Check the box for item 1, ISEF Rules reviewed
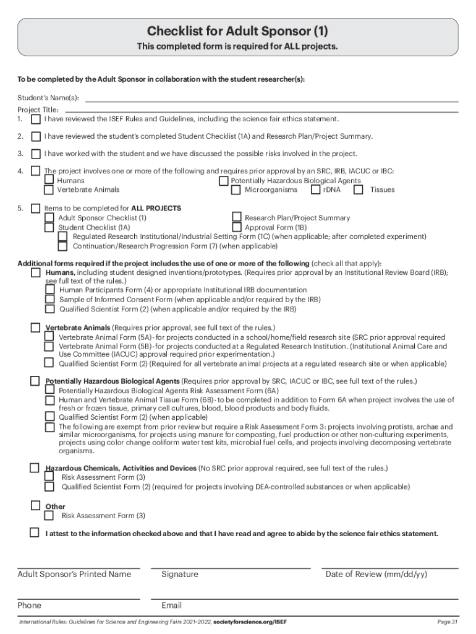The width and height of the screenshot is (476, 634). pos(36,118)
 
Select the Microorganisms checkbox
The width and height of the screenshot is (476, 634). pos(236,189)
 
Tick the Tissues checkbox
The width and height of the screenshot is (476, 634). pos(359,189)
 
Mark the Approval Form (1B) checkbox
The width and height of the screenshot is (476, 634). pos(236,227)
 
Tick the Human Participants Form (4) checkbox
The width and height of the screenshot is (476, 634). pos(49,290)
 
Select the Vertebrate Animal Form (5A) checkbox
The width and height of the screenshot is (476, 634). pos(49,336)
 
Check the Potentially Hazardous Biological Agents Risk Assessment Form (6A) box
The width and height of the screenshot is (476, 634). pos(49,391)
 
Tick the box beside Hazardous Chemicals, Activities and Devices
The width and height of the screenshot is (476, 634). pos(36,467)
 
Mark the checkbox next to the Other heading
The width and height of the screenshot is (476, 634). pos(36,506)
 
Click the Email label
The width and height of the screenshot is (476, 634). pos(171,606)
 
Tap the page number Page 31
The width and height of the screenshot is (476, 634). pos(446,622)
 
